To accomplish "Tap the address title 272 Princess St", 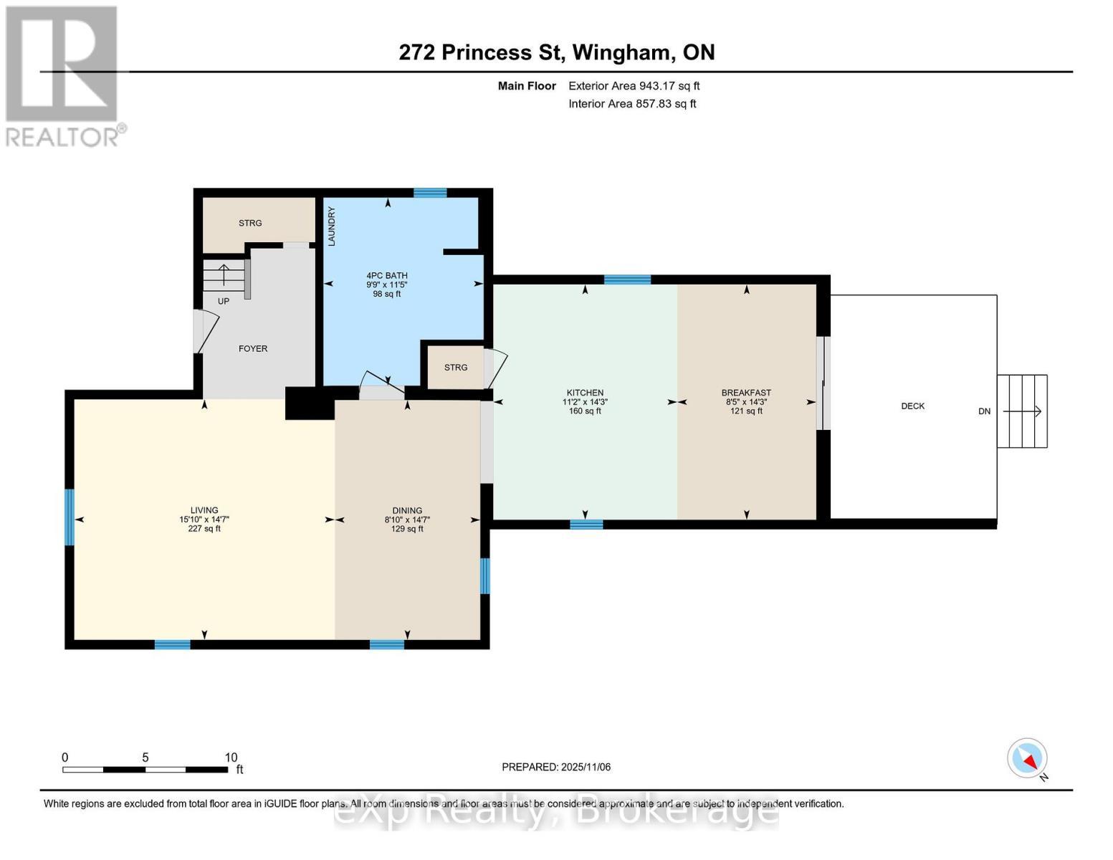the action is (482, 52).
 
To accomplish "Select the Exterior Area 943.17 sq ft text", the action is (634, 86).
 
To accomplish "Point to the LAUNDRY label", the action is (331, 226).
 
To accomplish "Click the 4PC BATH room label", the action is (387, 276).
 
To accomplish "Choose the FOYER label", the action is (253, 348).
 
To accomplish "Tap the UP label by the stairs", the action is (224, 301).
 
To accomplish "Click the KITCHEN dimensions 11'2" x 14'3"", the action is (585, 402).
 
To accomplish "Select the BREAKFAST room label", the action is (746, 393).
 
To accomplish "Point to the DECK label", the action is (913, 406).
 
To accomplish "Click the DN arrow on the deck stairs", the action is (1022, 411).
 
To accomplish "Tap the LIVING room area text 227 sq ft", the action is (204, 529).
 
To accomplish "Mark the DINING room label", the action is (407, 511).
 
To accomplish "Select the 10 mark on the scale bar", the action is (231, 757).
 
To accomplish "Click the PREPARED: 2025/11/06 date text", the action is (556, 767).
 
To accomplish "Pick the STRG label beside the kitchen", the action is (456, 367).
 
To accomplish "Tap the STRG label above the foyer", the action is (250, 223).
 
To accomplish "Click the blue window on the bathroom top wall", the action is (430, 193).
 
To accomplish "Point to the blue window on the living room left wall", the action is (70, 517).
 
